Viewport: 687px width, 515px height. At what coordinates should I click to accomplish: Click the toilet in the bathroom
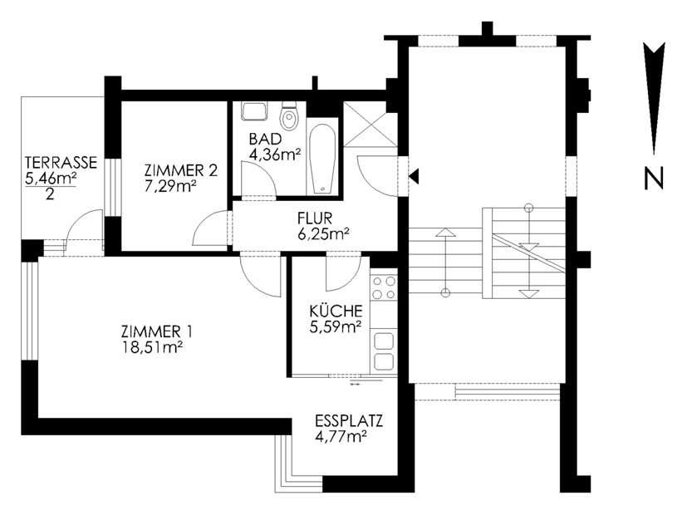tap(289, 116)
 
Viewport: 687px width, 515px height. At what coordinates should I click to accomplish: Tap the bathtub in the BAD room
tap(322, 159)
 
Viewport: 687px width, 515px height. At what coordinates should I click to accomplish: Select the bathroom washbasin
tap(254, 111)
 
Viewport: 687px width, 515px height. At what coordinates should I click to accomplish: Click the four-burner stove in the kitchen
tap(383, 287)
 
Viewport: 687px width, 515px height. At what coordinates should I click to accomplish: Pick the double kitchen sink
tap(384, 351)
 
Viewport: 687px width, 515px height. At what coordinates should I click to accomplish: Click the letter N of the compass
tap(654, 179)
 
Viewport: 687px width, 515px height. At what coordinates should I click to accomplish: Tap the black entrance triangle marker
tap(414, 176)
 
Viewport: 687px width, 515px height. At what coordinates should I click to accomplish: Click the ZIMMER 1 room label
tap(156, 331)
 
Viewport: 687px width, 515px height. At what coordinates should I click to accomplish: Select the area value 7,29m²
tap(170, 186)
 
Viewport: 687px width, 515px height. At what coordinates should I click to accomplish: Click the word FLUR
tap(315, 218)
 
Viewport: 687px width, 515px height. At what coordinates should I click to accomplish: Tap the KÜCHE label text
tap(336, 311)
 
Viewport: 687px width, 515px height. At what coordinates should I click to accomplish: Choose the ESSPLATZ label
tap(349, 421)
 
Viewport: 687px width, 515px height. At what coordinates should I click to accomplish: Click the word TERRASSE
tap(61, 163)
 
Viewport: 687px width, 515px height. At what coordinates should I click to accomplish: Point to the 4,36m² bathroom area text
tap(275, 154)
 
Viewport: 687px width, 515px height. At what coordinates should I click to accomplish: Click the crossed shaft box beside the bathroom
tap(370, 124)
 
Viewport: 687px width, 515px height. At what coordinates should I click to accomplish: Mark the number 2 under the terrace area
tap(50, 194)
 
